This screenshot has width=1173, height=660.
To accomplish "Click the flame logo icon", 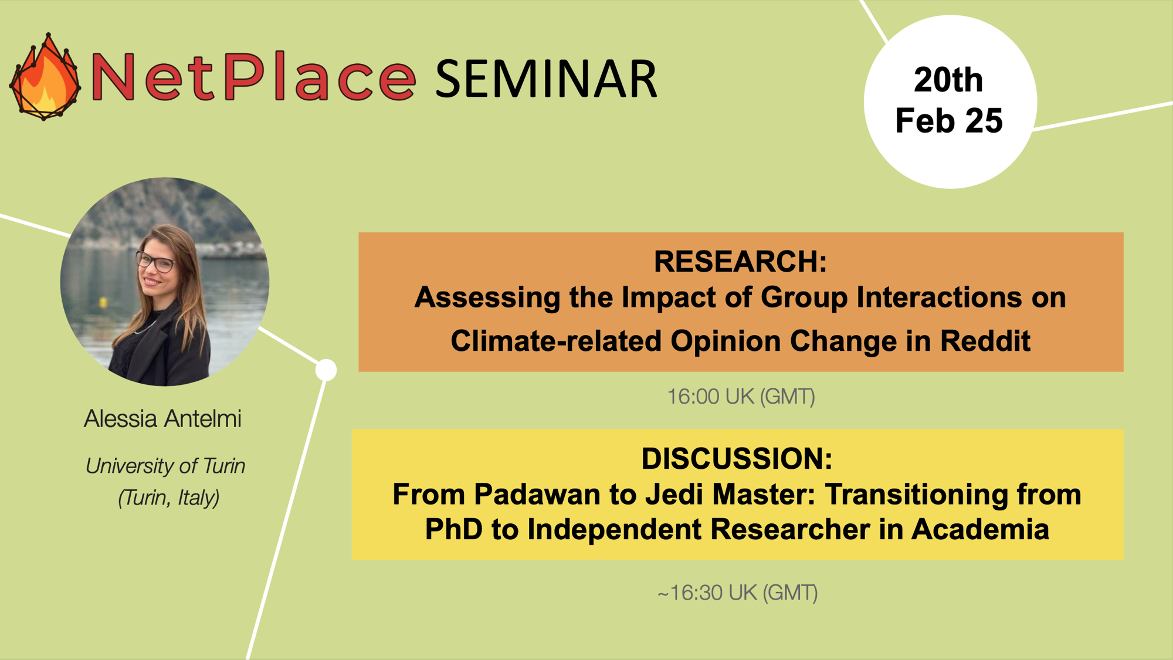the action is tap(45, 77).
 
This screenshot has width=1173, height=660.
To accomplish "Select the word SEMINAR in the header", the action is tap(546, 79).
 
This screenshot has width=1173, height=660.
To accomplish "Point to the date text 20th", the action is tap(948, 80).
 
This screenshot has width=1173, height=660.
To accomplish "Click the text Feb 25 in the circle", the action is tap(949, 120).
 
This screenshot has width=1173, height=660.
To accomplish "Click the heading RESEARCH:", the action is tap(740, 261).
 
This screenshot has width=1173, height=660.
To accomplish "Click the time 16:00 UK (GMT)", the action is tap(741, 397).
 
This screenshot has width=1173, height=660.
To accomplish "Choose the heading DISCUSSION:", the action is tap(737, 458).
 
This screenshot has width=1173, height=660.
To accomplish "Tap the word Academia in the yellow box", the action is tap(980, 529).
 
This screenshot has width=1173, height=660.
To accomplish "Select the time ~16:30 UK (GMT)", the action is tap(737, 593).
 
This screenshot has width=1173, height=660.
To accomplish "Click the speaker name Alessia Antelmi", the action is tap(162, 419).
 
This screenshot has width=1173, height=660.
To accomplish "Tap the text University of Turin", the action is tap(165, 466).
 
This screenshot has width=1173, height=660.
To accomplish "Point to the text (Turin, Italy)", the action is tap(168, 497).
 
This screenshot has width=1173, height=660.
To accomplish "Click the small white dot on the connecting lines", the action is tap(326, 370).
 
